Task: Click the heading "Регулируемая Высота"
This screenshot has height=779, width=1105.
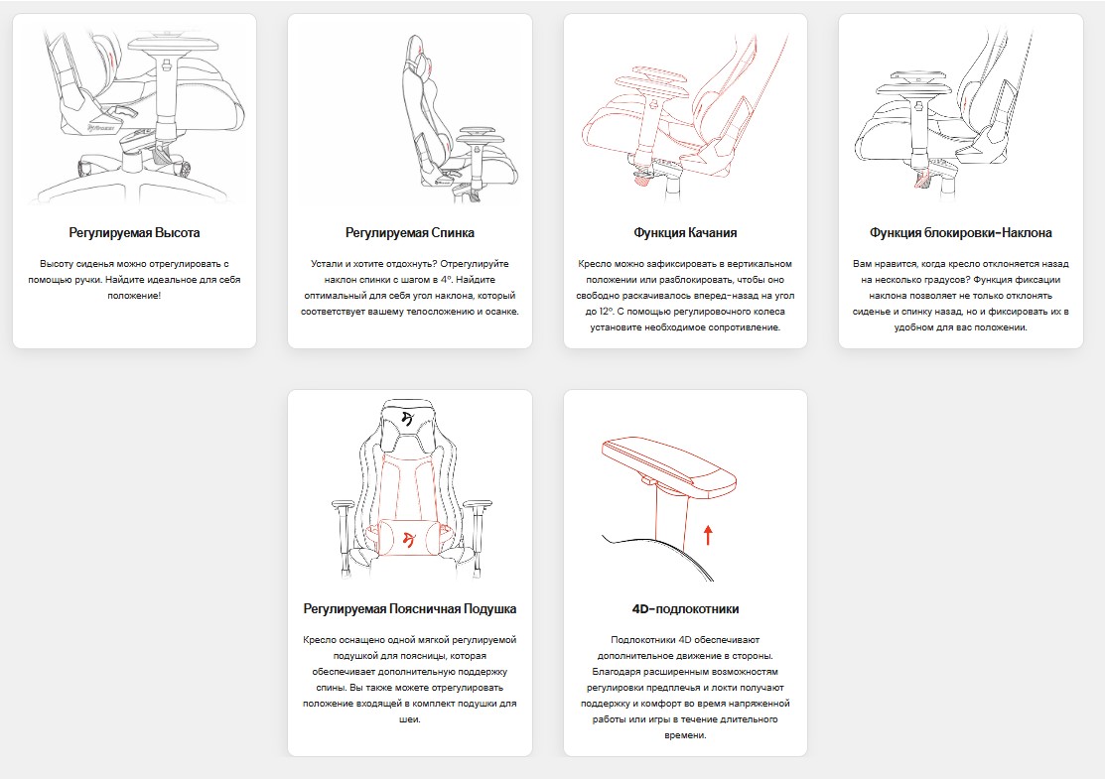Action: [134, 232]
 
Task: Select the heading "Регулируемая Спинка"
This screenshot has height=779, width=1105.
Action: [409, 232]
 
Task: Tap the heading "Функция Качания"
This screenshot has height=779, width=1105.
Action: [685, 232]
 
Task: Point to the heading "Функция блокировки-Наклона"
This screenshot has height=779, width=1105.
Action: [960, 232]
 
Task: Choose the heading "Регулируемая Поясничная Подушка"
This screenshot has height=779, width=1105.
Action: [409, 608]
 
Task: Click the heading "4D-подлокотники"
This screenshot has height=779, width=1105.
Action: [685, 608]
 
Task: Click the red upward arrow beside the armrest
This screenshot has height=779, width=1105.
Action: [708, 535]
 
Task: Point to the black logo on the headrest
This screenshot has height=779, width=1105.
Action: [407, 418]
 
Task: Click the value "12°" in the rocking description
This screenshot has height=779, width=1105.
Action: [604, 312]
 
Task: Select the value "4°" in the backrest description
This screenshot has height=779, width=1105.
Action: [445, 280]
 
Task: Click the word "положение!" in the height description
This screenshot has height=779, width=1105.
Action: [134, 295]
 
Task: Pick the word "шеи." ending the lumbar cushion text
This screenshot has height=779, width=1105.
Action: [409, 719]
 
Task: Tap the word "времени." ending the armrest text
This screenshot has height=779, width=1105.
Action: [685, 735]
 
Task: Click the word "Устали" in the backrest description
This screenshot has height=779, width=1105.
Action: [327, 263]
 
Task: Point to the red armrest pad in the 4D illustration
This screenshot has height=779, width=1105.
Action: [669, 466]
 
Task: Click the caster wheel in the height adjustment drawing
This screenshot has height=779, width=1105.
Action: [182, 169]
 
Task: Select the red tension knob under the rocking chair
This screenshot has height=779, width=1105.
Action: [642, 178]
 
